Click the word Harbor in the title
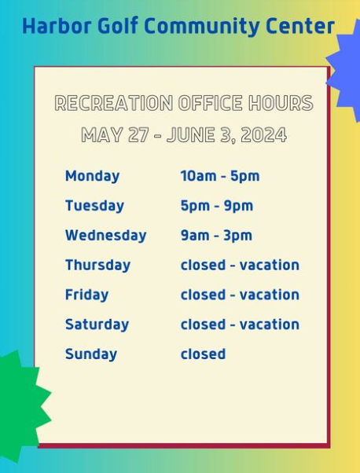point(57,26)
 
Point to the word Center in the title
point(300,27)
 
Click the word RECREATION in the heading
point(114,103)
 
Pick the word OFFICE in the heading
point(211,103)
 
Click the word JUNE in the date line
point(191,134)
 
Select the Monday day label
point(92,177)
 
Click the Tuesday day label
point(94,206)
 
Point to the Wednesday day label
point(105,235)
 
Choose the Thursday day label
point(97,266)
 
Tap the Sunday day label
point(91,354)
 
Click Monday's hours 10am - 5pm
point(220,176)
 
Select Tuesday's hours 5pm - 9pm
point(217,206)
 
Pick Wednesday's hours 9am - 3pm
point(216,235)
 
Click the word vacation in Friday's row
point(269,295)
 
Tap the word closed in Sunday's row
point(203,354)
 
